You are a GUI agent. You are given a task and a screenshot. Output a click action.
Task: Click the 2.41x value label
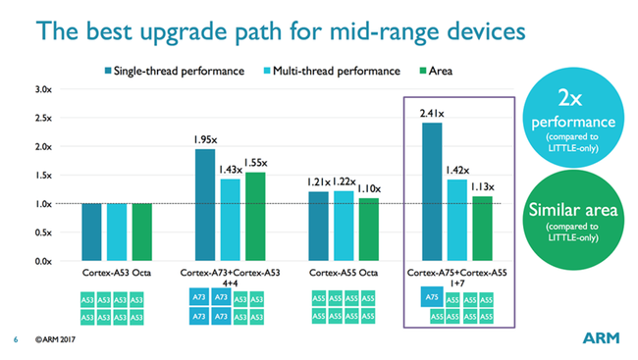[431, 114]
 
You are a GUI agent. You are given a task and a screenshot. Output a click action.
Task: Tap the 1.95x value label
[204, 140]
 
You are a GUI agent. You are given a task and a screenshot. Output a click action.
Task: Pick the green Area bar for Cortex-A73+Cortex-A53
[254, 217]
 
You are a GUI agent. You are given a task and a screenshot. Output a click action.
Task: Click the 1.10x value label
[368, 187]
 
